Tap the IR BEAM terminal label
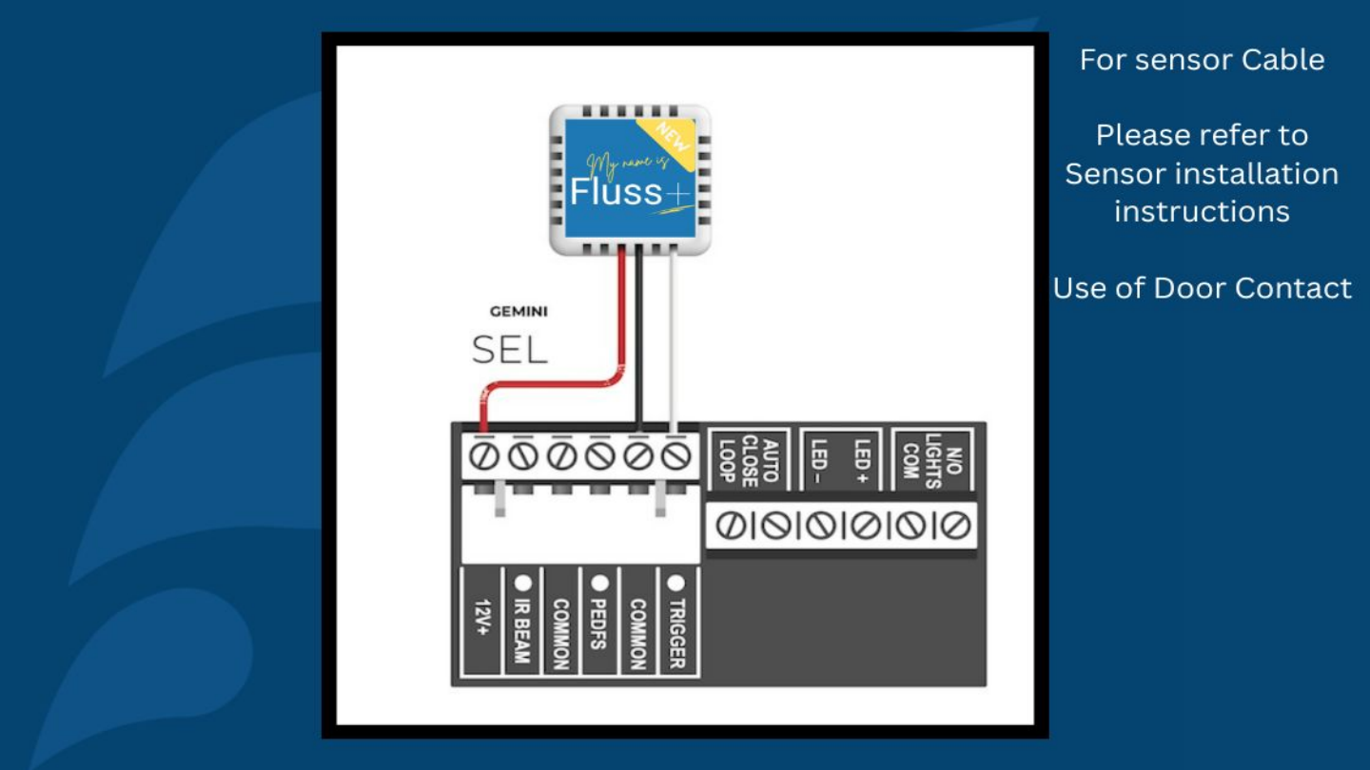tap(522, 623)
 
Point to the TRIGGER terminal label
tap(676, 623)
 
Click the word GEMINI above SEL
tap(519, 311)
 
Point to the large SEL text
tap(510, 351)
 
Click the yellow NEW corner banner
tap(672, 141)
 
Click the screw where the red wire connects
tap(483, 456)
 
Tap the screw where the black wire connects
tap(637, 456)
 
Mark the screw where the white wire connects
tap(675, 456)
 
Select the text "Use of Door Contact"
tap(1202, 288)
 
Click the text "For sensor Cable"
tap(1202, 60)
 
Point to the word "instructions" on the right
tap(1202, 211)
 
